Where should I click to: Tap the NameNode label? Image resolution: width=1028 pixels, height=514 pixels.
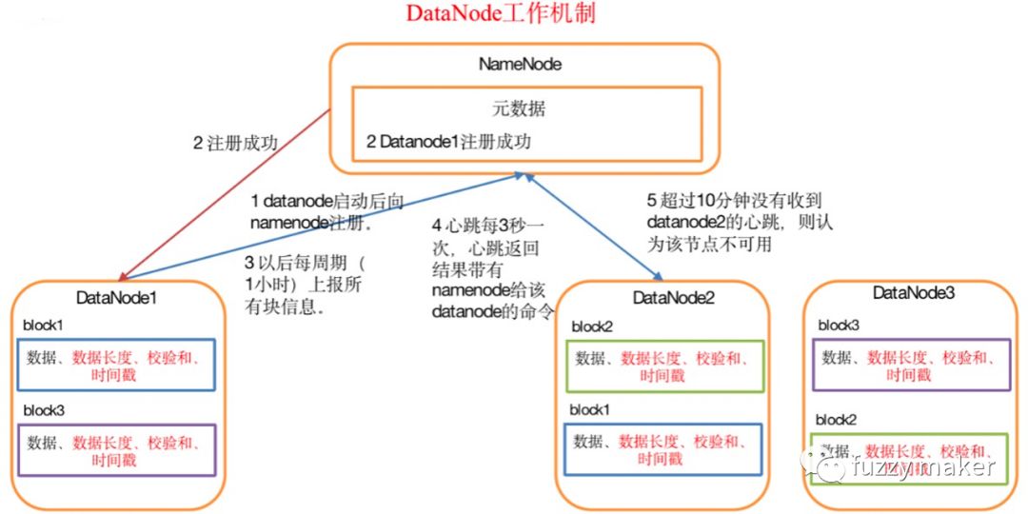[520, 65]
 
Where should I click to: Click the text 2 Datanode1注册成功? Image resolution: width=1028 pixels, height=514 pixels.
[448, 142]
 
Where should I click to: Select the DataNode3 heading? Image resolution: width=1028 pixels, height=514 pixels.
[914, 294]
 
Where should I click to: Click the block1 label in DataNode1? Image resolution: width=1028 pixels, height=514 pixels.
[44, 325]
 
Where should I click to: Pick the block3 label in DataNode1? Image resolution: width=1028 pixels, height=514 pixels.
[44, 410]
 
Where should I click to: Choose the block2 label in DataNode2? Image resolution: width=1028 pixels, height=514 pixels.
[591, 326]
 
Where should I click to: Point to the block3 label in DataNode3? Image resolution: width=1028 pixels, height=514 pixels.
[838, 326]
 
